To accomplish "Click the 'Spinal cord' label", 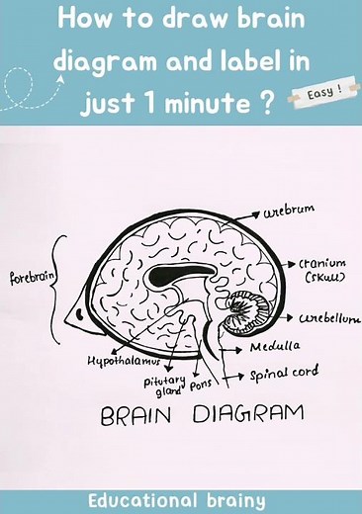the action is coord(283,374).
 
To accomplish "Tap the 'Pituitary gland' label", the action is coord(161,385).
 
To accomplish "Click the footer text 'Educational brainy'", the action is coord(176,500).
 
